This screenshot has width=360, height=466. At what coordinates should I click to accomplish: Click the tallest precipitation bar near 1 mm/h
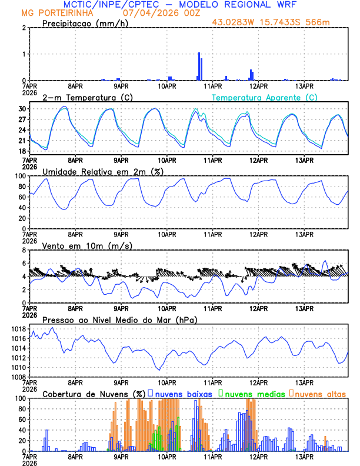pos(199,66)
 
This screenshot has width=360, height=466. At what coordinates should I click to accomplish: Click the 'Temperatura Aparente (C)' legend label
pos(265,97)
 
